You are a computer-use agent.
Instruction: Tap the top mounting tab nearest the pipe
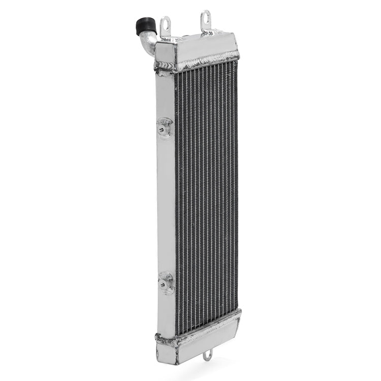pyautogui.click(x=165, y=27)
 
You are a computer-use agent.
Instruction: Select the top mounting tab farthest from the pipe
pyautogui.click(x=205, y=22)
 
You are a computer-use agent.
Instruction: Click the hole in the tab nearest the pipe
pyautogui.click(x=165, y=23)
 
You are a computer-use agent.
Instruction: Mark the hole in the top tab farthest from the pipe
pyautogui.click(x=205, y=17)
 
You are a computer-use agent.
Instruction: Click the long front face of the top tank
pyautogui.click(x=206, y=51)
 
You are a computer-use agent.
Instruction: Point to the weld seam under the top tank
pyautogui.click(x=206, y=62)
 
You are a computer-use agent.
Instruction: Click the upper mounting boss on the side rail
pyautogui.click(x=165, y=127)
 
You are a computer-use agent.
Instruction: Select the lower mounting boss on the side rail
pyautogui.click(x=166, y=282)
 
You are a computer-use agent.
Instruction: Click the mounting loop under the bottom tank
pyautogui.click(x=207, y=355)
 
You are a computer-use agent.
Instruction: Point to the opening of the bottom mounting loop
pyautogui.click(x=207, y=356)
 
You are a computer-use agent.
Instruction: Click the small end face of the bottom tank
pyautogui.click(x=166, y=351)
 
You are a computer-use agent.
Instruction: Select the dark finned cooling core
pyautogui.click(x=206, y=193)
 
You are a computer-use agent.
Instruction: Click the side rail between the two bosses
pyautogui.click(x=166, y=203)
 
